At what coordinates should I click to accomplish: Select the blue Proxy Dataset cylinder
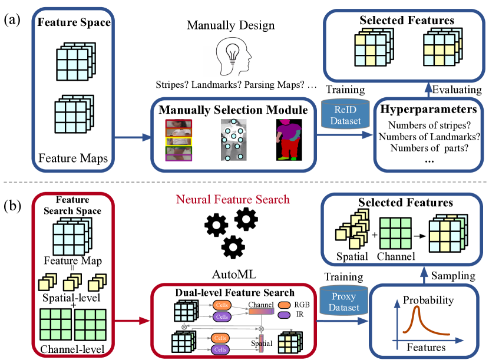tap(342, 301)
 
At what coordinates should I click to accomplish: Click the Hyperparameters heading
tap(427, 109)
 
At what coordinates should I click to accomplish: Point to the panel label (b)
tap(13, 206)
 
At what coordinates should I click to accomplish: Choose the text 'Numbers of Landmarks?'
tap(430, 137)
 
